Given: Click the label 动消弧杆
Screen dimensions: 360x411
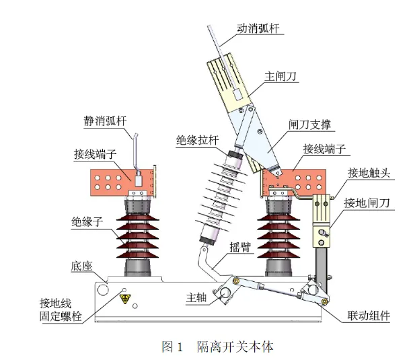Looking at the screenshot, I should click(x=259, y=29).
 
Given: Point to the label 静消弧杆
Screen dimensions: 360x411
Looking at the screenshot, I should click(x=106, y=122).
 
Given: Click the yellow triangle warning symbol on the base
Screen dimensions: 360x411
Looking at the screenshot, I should click(x=124, y=296).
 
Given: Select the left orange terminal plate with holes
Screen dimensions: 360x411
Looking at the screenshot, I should click(x=125, y=178).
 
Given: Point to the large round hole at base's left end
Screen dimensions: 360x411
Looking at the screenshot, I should click(x=103, y=289).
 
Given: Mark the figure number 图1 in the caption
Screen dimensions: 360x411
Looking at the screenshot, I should click(x=173, y=347).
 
